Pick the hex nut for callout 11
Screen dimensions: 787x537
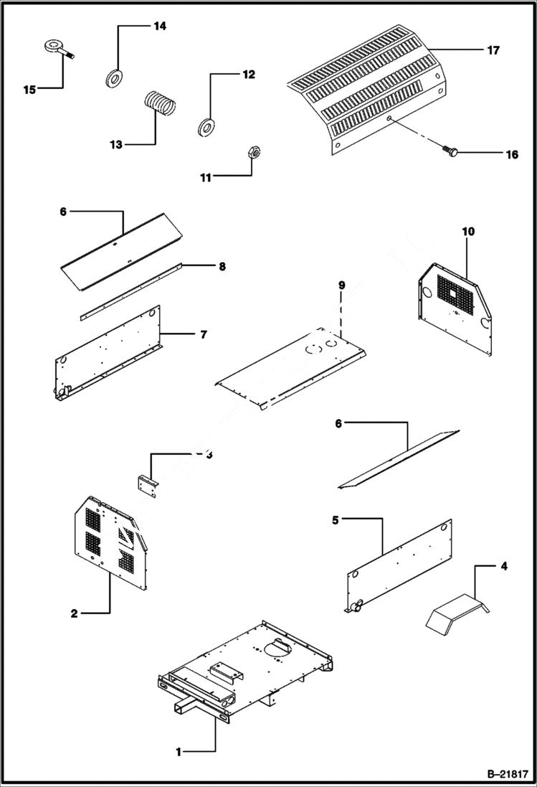coord(252,151)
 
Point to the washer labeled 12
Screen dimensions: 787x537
coord(206,128)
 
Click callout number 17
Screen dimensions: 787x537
coord(493,50)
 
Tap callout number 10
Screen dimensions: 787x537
coord(468,232)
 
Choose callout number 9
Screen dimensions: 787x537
coord(342,286)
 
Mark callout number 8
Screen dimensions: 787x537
coord(222,266)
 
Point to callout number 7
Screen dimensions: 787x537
coord(205,334)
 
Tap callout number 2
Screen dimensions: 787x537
coord(75,613)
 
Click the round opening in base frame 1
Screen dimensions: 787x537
coord(278,648)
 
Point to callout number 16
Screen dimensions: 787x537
coord(511,154)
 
